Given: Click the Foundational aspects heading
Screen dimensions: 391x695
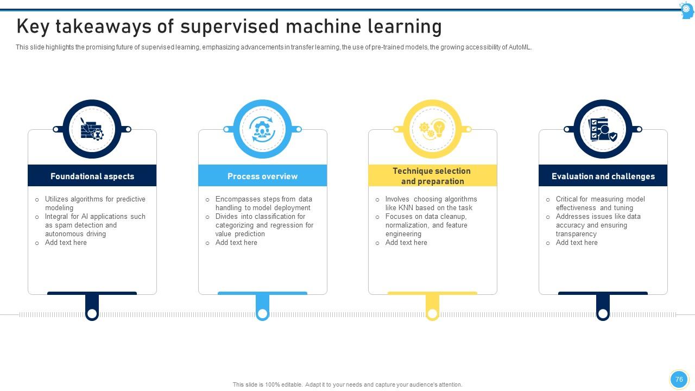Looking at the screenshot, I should click(x=92, y=176).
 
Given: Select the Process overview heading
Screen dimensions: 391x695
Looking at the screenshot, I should click(x=262, y=176).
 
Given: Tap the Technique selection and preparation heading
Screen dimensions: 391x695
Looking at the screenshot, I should click(x=432, y=176).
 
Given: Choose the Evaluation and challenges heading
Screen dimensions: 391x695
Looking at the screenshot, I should click(x=603, y=176).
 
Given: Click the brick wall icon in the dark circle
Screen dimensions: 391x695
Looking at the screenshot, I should click(x=92, y=129).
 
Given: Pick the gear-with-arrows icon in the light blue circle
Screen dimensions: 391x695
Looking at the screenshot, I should click(x=262, y=129).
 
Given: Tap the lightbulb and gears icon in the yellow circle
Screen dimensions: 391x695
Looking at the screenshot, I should click(x=432, y=129).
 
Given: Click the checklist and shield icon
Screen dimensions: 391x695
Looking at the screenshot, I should click(x=603, y=129).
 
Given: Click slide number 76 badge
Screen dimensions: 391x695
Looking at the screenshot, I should click(x=679, y=380).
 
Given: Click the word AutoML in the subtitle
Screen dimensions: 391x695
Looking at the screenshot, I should click(x=520, y=47).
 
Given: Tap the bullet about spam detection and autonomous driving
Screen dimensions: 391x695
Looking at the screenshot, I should click(x=95, y=225).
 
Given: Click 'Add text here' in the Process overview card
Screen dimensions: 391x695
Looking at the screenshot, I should click(x=236, y=243).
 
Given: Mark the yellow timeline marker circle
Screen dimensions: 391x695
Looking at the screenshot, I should click(x=432, y=313).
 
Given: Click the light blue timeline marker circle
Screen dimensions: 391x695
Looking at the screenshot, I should click(x=262, y=313).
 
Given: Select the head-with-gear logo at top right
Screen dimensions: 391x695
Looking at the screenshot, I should click(x=686, y=10).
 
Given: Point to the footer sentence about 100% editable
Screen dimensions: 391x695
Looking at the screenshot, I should click(x=347, y=384).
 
